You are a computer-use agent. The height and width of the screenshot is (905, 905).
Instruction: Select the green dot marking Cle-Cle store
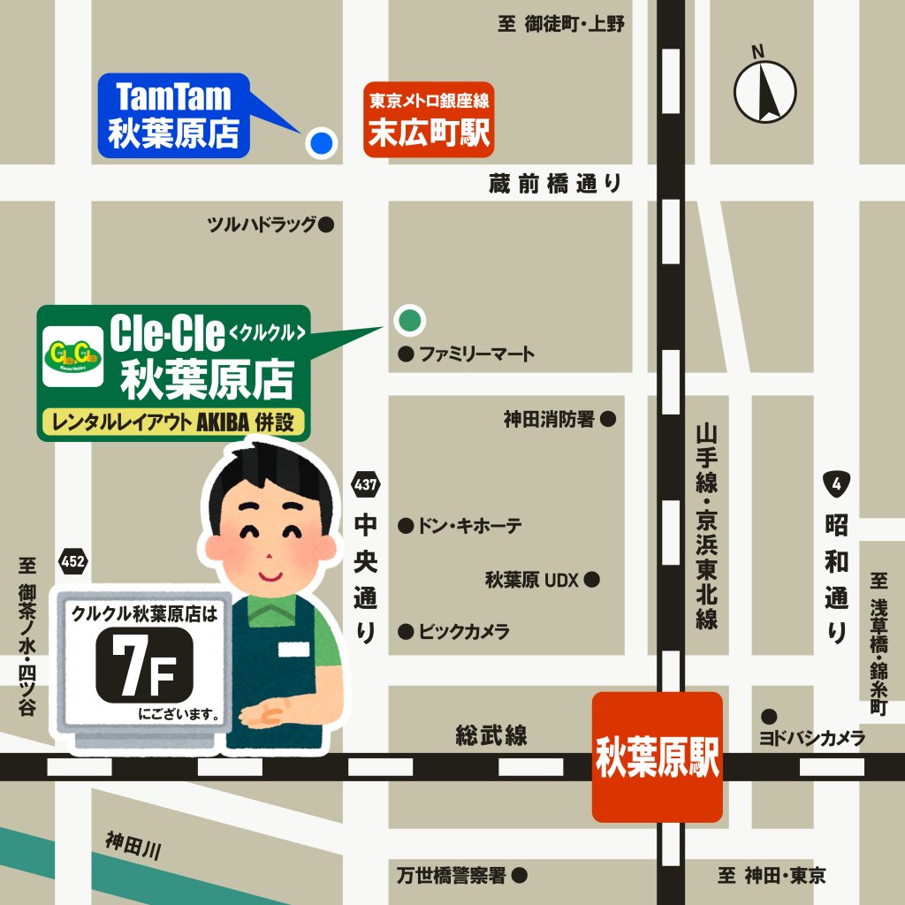point(408,320)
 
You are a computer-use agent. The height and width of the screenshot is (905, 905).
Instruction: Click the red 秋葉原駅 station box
point(658,757)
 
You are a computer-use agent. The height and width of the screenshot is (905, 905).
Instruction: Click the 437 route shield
point(365,484)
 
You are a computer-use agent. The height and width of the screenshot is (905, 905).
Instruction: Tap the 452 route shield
point(73,562)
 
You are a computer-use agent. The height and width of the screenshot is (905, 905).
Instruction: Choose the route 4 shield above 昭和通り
point(835,483)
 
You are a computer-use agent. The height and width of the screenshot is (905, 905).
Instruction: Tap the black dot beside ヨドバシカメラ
point(769,716)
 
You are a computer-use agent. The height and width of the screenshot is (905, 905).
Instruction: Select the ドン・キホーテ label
point(469,527)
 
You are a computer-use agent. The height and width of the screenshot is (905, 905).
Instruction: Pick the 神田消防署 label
point(549,420)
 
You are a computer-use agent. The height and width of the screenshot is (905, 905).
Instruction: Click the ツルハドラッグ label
point(262,225)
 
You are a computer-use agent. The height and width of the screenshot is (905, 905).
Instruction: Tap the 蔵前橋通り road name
point(555,184)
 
